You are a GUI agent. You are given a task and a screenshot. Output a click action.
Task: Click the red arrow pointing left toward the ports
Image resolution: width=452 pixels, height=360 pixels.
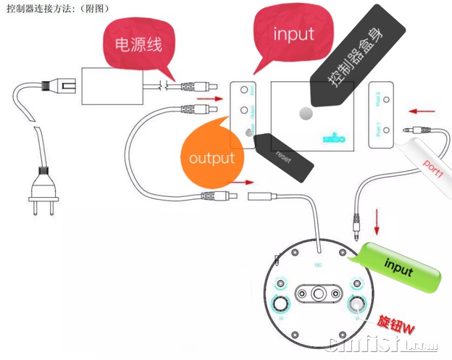(x=424, y=112)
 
